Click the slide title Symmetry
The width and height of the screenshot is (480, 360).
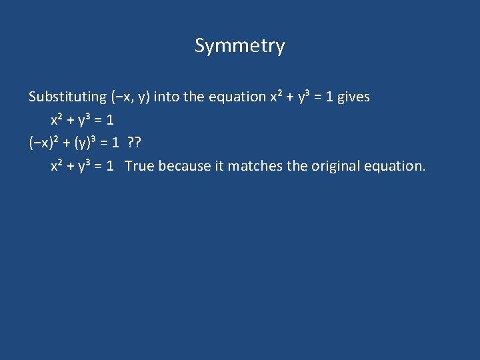(239, 46)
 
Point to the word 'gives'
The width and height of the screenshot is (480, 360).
(353, 97)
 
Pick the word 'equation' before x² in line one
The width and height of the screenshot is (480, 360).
(237, 97)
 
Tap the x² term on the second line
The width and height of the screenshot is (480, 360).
(57, 120)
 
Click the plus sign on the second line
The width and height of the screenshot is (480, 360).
(71, 120)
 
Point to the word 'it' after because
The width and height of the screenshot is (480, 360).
(219, 166)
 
